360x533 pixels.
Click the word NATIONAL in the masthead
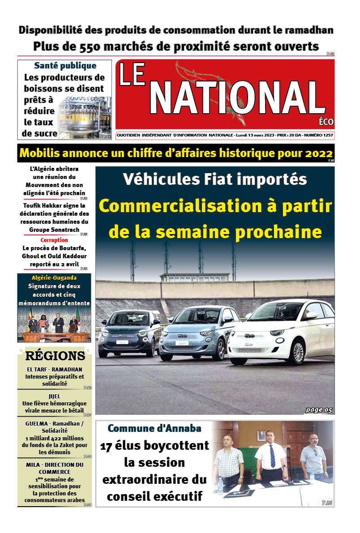pyautogui.click(x=237, y=99)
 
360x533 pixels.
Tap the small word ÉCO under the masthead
pyautogui.click(x=326, y=122)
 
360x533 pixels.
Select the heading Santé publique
pyautogui.click(x=64, y=66)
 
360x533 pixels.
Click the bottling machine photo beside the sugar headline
pyautogui.click(x=85, y=117)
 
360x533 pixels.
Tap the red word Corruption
pyautogui.click(x=54, y=240)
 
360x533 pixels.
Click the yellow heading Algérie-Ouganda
pyautogui.click(x=54, y=277)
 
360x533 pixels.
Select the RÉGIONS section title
pyautogui.click(x=55, y=356)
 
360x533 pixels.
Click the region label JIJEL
pyautogui.click(x=55, y=396)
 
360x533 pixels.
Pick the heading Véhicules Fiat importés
pyautogui.click(x=215, y=179)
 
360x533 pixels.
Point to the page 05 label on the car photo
pyautogui.click(x=319, y=409)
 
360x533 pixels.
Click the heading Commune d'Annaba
pyautogui.click(x=154, y=428)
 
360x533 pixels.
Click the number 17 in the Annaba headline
pyautogui.click(x=107, y=446)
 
